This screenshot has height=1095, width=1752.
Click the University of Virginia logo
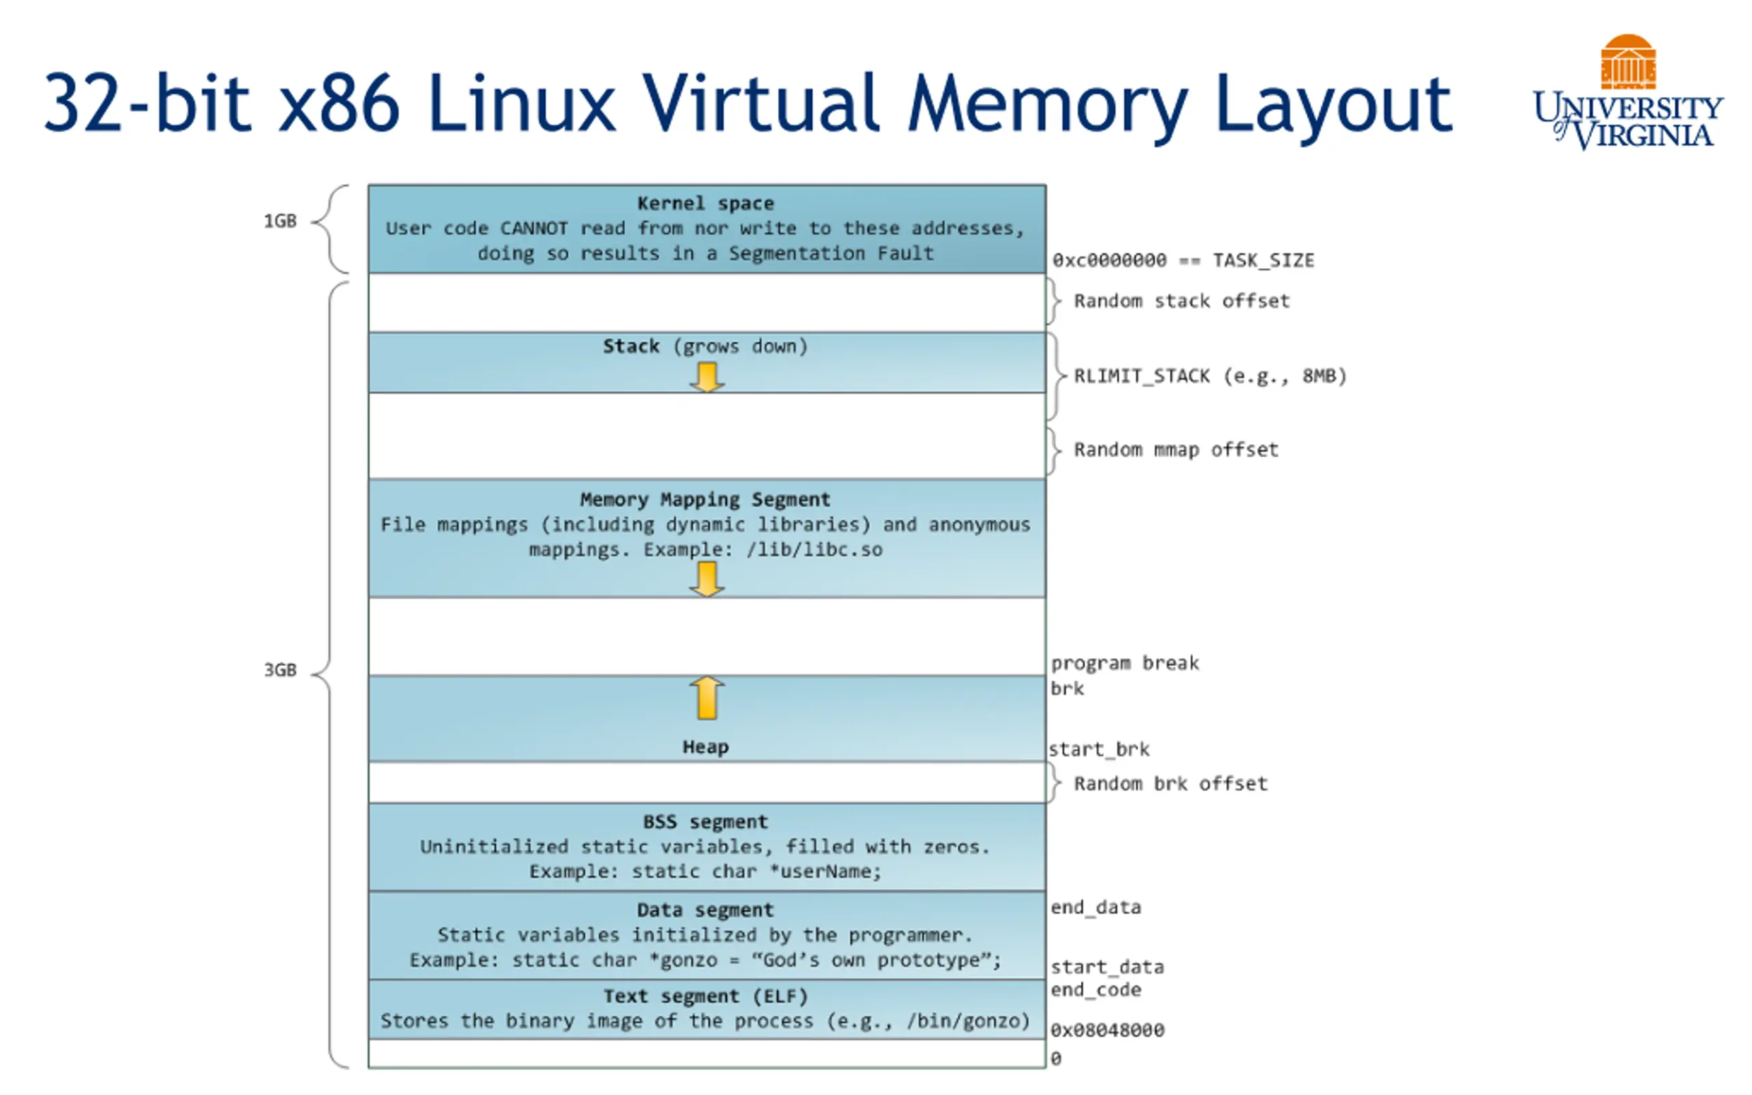tap(1627, 92)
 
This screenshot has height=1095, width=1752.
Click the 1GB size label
tap(280, 221)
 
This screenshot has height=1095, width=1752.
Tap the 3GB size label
tap(280, 670)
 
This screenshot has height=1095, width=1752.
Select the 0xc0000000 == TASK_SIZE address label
tap(1183, 260)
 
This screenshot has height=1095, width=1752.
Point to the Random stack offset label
tap(1181, 300)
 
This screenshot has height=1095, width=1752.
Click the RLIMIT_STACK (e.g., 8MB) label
tap(1210, 376)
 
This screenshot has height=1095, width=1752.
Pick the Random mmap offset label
tap(1176, 450)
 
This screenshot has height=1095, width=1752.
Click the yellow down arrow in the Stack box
tap(706, 377)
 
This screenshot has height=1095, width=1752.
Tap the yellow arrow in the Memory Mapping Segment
tap(706, 580)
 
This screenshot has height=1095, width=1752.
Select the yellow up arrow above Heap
tap(706, 698)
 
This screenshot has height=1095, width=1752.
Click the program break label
tap(1124, 663)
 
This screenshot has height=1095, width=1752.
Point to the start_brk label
tap(1099, 749)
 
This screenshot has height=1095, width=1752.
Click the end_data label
tap(1096, 907)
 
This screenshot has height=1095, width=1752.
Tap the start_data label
tap(1107, 967)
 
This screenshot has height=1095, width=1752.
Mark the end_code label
tap(1096, 990)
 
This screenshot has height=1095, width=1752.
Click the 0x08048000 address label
tap(1107, 1030)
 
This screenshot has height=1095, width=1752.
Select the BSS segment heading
tap(705, 822)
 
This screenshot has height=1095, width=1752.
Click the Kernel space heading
tap(705, 203)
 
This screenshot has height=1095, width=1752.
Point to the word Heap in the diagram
tap(705, 747)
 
